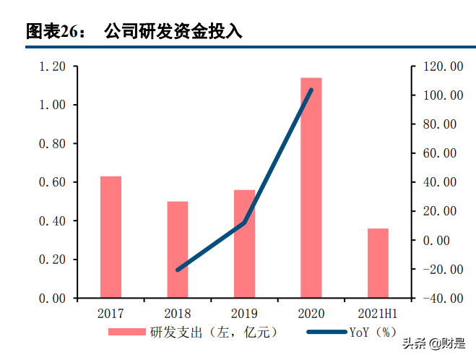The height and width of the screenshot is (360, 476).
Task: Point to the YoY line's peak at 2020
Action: pyautogui.click(x=311, y=90)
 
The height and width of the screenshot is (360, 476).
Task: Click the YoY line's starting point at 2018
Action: pyautogui.click(x=178, y=270)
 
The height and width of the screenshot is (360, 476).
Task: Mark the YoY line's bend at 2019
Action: pyautogui.click(x=244, y=223)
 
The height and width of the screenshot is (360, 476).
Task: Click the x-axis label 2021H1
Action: pyautogui.click(x=378, y=314)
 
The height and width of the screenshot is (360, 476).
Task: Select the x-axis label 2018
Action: pyautogui.click(x=178, y=314)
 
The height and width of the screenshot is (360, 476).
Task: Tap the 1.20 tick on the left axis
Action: pyautogui.click(x=52, y=67)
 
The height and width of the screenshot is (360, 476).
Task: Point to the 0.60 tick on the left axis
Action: pyautogui.click(x=52, y=182)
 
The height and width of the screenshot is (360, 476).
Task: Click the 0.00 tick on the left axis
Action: pyautogui.click(x=52, y=298)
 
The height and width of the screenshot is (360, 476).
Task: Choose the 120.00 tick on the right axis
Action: pyautogui.click(x=442, y=67)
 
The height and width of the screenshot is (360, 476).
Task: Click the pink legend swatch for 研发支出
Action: pyautogui.click(x=127, y=333)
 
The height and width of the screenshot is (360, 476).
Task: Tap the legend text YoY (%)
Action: pyautogui.click(x=373, y=333)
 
